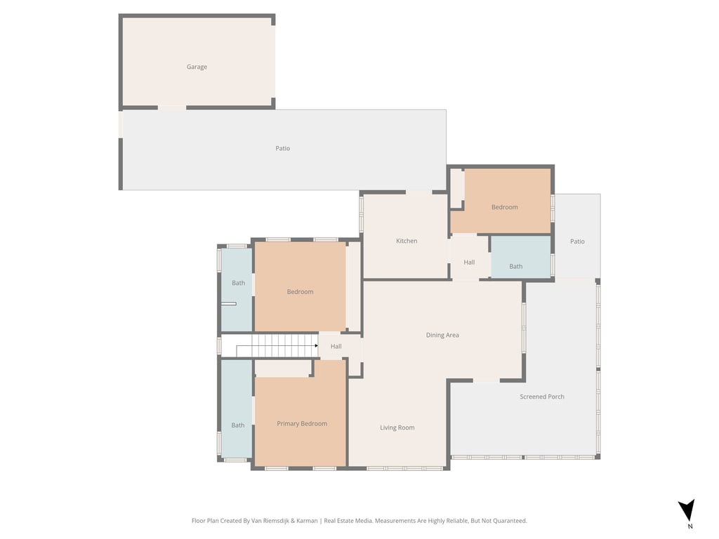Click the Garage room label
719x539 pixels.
(197, 67)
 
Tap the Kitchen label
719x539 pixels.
(407, 241)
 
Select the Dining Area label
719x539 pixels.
(442, 335)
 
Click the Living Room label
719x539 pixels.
(397, 428)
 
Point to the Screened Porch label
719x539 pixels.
(542, 397)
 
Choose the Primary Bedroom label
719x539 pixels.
(302, 424)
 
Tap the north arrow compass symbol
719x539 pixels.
(687, 510)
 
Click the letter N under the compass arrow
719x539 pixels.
(690, 526)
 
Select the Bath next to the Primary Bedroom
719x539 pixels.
(238, 425)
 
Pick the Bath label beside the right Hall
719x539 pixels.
(516, 267)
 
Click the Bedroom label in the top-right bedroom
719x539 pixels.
(504, 207)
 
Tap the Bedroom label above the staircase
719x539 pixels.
(300, 292)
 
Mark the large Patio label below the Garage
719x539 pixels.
(282, 149)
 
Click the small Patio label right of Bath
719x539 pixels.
(577, 241)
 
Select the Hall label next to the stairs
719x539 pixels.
(336, 347)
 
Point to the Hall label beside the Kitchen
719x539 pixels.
(469, 262)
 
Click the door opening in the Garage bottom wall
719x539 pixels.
(172, 107)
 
